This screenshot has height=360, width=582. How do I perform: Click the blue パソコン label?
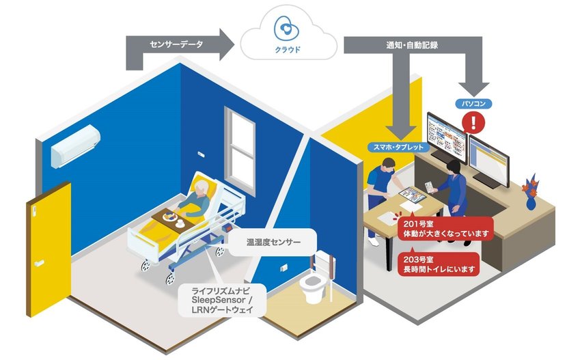pos(473,104)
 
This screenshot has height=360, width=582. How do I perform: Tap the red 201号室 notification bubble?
pos(445,228)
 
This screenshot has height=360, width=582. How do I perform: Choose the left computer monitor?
pos(445,139)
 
